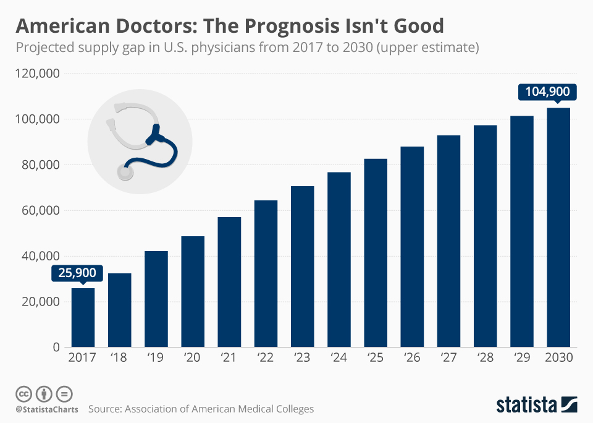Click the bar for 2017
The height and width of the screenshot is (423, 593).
[83, 317]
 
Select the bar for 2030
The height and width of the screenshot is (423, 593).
[558, 228]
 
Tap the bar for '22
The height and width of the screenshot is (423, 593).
[266, 273]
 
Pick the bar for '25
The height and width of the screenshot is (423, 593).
[376, 253]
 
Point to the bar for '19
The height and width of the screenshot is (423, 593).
[156, 299]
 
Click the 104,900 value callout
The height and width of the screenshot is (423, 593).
[547, 92]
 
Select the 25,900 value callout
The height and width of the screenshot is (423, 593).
[78, 272]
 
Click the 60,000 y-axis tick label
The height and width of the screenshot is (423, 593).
[38, 210]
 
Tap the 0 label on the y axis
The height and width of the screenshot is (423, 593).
[56, 348]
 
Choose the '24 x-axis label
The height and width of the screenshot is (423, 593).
[339, 359]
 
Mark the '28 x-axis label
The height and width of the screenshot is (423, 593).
[485, 359]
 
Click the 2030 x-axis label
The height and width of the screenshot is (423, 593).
[558, 359]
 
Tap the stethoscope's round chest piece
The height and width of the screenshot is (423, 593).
[125, 171]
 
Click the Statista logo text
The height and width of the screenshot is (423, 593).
[526, 405]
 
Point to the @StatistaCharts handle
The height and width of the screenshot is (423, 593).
[47, 409]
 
